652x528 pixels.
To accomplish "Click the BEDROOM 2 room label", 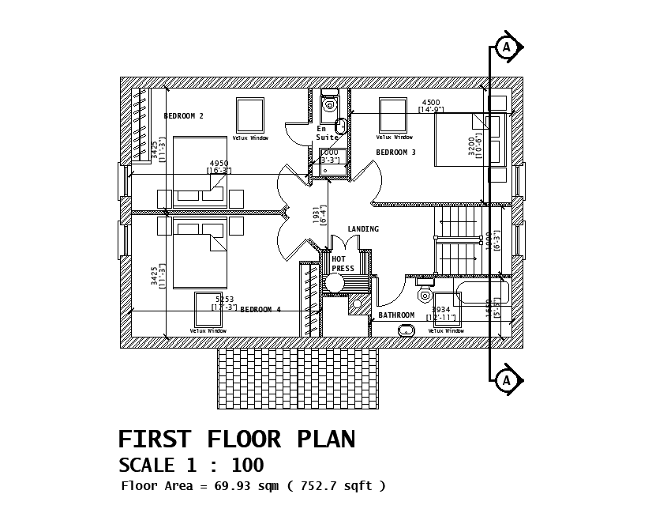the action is (183, 116).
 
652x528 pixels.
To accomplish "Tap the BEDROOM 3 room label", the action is (395, 153).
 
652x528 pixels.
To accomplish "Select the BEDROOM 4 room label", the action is (260, 310).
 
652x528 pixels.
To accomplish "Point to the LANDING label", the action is (363, 229).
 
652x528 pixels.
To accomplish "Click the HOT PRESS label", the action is (342, 264).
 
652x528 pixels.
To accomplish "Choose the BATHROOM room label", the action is (396, 315).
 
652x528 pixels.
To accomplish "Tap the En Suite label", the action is (327, 133).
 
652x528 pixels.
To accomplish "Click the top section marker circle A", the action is (507, 47).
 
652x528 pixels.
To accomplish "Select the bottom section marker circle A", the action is (507, 380).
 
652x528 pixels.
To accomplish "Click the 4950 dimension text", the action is (219, 164).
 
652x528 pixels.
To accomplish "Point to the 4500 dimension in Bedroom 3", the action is (431, 103).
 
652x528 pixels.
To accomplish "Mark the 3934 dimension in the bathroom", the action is (441, 310).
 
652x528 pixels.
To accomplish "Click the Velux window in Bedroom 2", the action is (250, 115).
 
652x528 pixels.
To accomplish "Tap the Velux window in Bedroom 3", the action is (392, 115).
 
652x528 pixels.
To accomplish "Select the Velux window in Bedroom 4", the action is (208, 309).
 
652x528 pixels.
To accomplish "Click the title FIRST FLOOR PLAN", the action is (236, 439).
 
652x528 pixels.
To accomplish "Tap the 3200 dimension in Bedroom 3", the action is (471, 147).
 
